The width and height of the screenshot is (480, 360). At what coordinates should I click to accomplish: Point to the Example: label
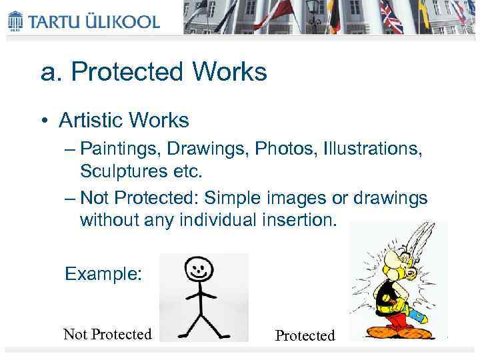click(x=103, y=274)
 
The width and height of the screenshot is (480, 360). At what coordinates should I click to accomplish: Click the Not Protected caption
click(x=107, y=334)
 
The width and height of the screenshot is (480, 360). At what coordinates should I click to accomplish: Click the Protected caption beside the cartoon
click(x=305, y=335)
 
